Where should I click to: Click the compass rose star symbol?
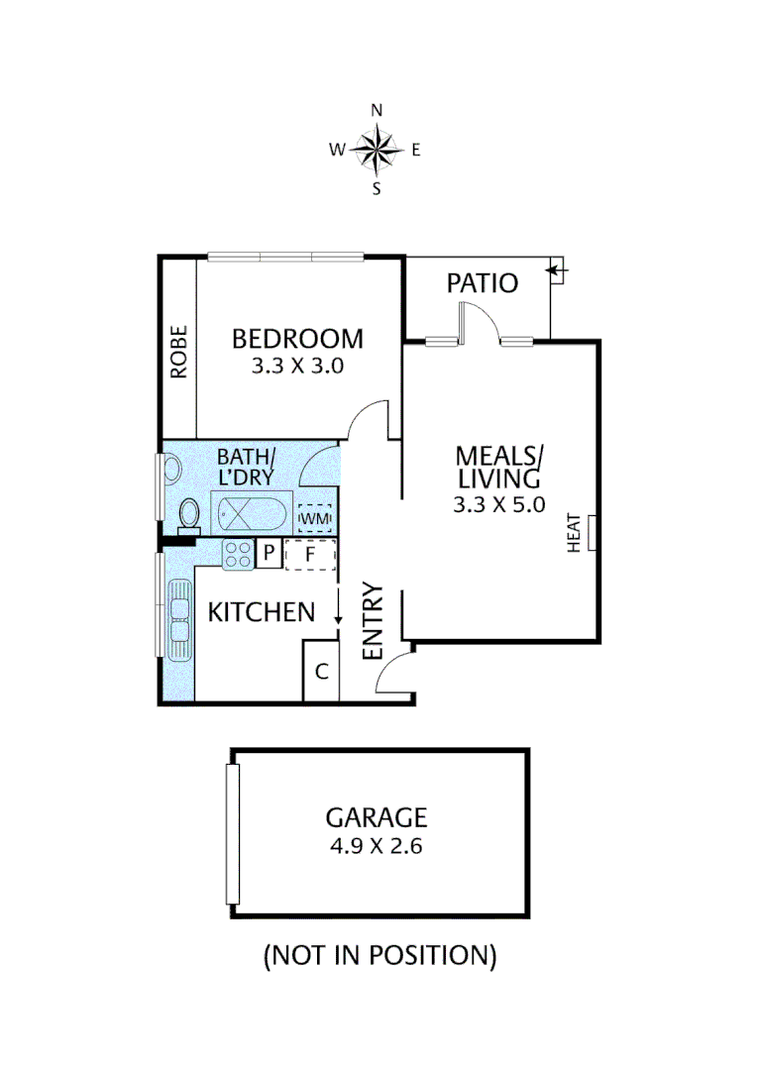point(376,151)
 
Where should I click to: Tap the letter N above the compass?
point(377,111)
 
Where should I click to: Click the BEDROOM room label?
point(297,338)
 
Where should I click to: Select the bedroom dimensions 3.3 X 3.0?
point(297,366)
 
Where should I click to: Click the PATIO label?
point(482,283)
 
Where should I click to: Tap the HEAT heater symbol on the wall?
point(592,532)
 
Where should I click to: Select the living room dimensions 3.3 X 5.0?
point(498,504)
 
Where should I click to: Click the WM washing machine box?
point(314,518)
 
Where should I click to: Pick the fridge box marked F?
point(311,555)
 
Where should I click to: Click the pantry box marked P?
point(269,555)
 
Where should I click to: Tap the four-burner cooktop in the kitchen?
point(238,555)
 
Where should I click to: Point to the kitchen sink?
point(179,621)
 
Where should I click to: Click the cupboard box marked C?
point(321,671)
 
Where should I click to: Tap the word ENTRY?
point(374,621)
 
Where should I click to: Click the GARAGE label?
point(377,817)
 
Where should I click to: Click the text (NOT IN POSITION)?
point(378,955)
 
